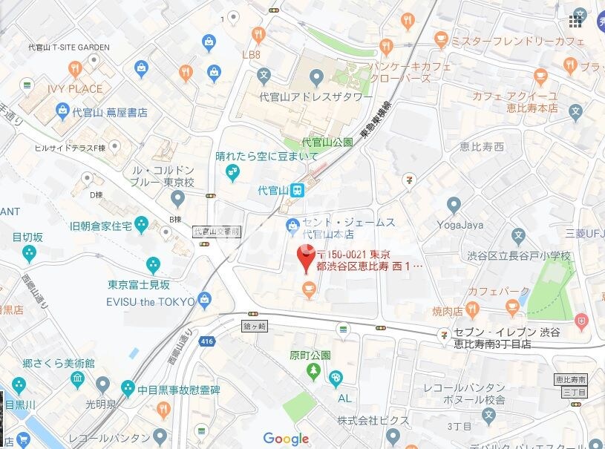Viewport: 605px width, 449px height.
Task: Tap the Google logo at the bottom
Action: pos(286,439)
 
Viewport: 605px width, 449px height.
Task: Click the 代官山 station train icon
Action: pos(296,191)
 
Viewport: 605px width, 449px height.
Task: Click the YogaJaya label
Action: pos(460,224)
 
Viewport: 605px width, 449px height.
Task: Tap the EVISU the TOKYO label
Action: pos(151,301)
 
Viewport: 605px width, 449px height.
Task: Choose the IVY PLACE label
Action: pos(75,89)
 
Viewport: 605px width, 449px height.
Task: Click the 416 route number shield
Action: pos(207,341)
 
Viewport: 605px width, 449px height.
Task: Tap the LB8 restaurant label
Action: pos(252,55)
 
